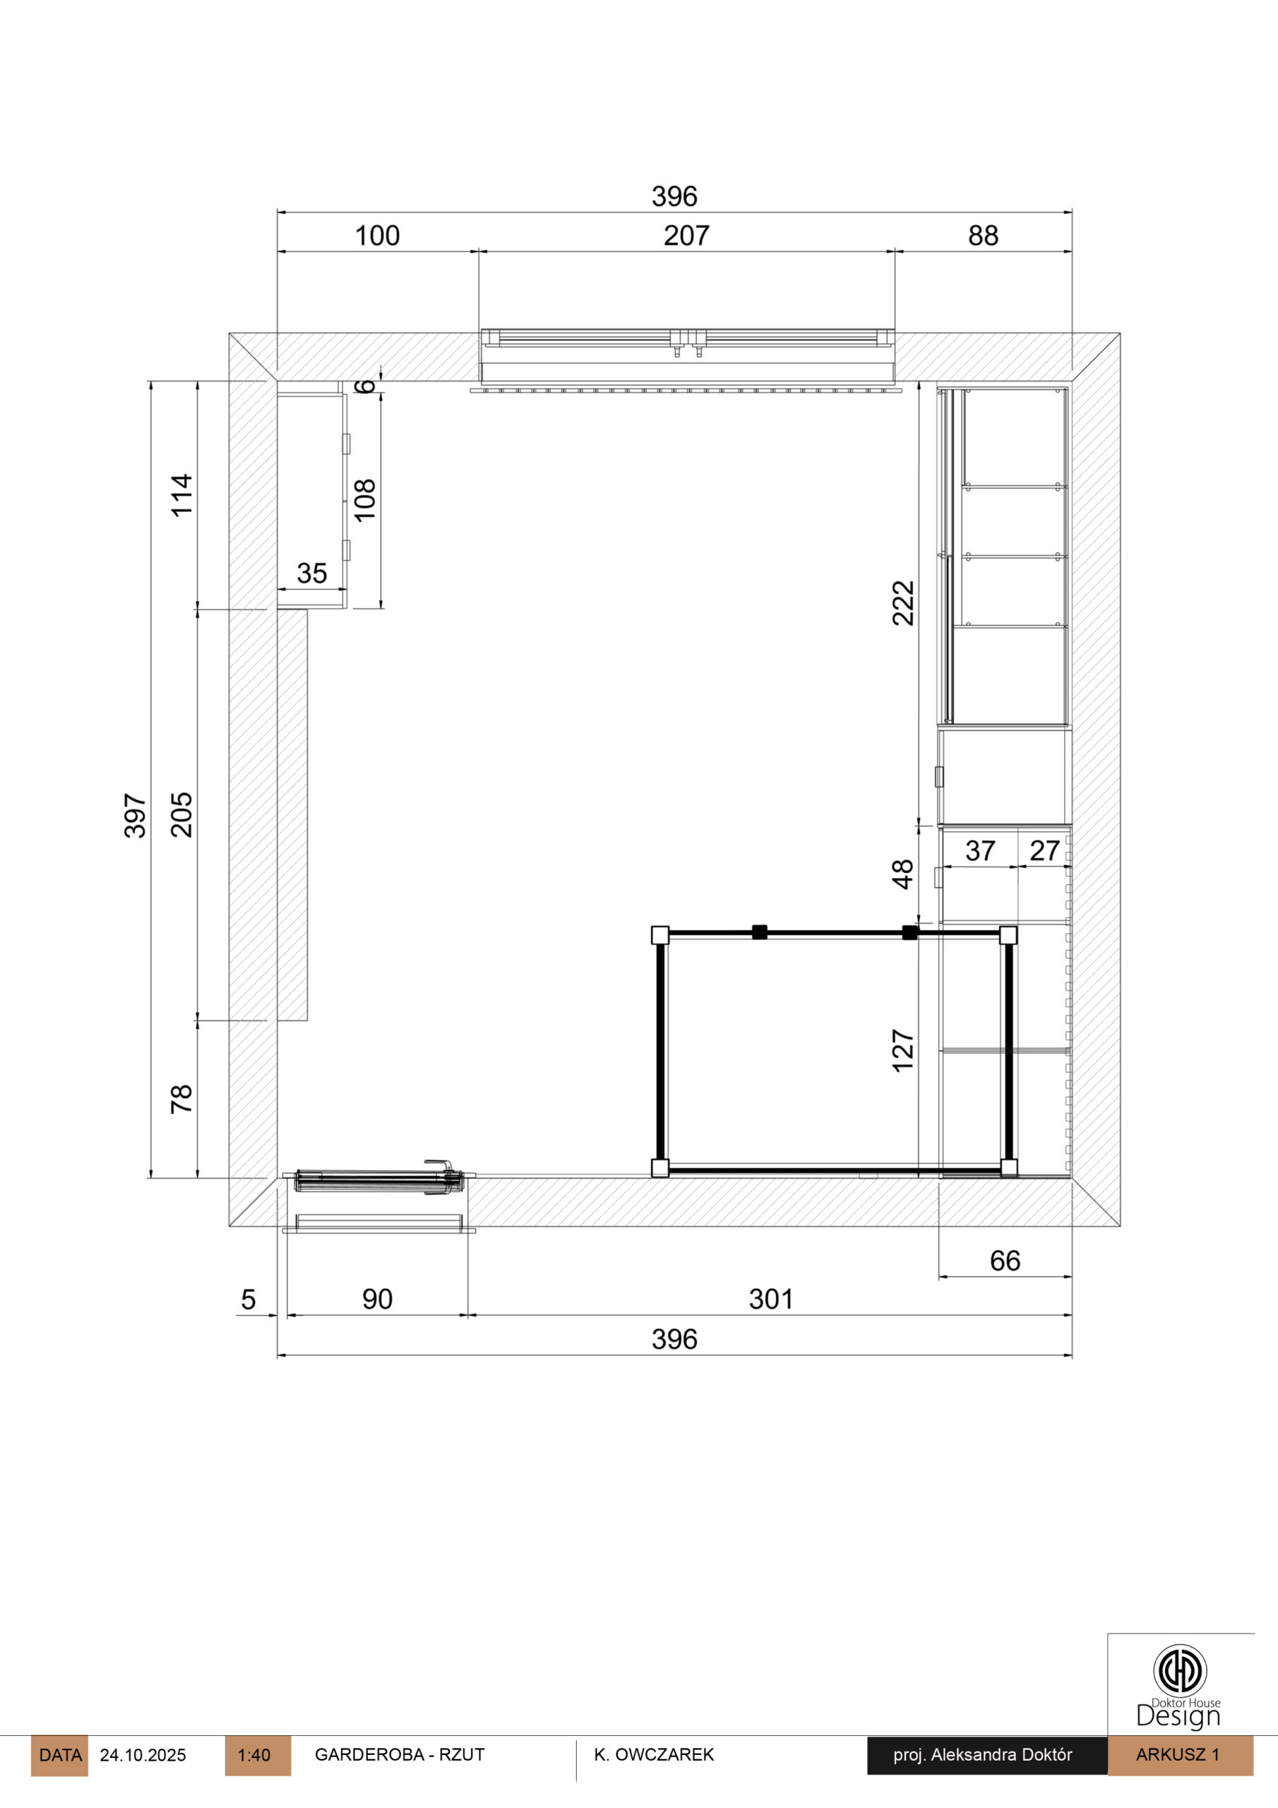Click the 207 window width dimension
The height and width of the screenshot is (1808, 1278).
[x=686, y=235]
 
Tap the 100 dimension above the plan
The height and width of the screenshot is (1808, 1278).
[x=377, y=235]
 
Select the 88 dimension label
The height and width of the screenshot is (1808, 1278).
[x=983, y=235]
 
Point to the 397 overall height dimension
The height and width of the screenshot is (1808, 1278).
[x=136, y=816]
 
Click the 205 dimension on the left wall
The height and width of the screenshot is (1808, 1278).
[x=182, y=814]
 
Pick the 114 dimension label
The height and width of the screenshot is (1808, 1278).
[x=182, y=494]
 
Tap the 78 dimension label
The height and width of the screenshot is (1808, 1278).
[x=182, y=1098]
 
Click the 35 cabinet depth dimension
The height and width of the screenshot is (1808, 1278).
[x=312, y=573]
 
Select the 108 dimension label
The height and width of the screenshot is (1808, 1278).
[x=364, y=499]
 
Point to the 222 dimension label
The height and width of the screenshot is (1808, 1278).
[x=903, y=603]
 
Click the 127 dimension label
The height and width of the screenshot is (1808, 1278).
[x=903, y=1050]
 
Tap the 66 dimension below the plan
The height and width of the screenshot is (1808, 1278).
[x=1005, y=1261]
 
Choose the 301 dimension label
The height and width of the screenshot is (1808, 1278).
[x=771, y=1299]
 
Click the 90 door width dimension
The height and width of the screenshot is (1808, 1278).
[x=377, y=1299]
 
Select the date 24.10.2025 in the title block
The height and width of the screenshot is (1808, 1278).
[x=143, y=1755]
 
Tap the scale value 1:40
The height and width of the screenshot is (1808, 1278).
[x=253, y=1755]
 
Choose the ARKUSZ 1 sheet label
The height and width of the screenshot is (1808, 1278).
[x=1177, y=1754]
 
